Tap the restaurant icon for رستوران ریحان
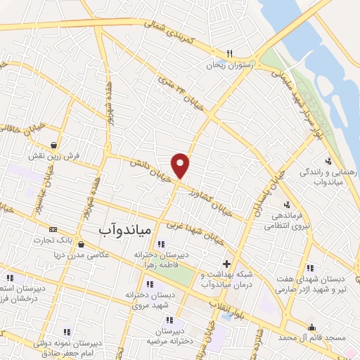[x=229, y=53]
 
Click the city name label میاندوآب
[x=117, y=230]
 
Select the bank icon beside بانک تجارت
[x=53, y=229]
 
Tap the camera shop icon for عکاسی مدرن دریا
[x=82, y=244]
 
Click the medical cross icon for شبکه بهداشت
[x=226, y=264]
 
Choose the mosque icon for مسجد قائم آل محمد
[x=312, y=326]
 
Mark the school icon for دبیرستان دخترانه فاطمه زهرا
[x=162, y=245]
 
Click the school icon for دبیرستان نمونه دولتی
[x=67, y=331]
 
